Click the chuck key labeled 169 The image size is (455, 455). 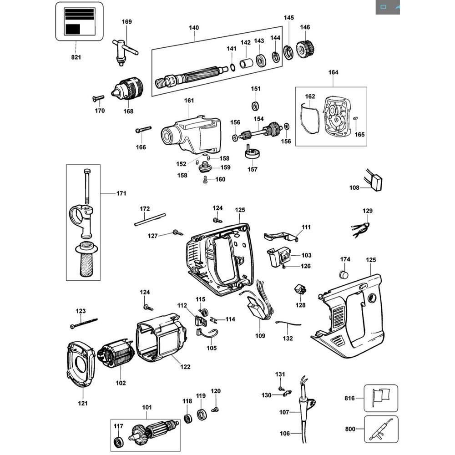pyautogui.click(x=124, y=52)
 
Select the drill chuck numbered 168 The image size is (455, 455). pyautogui.click(x=128, y=88)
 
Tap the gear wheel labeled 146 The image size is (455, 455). pyautogui.click(x=305, y=49)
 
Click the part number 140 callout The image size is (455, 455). pyautogui.click(x=194, y=28)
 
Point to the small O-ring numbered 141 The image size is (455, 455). pyautogui.click(x=233, y=68)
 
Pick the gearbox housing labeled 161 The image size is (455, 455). pyautogui.click(x=191, y=135)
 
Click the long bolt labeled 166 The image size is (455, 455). pyautogui.click(x=143, y=129)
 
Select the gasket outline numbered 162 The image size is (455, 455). pyautogui.click(x=309, y=119)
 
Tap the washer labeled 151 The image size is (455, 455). pyautogui.click(x=255, y=106)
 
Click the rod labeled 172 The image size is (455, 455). pyautogui.click(x=150, y=220)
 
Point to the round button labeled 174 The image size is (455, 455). pyautogui.click(x=344, y=274)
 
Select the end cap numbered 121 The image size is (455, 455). pyautogui.click(x=81, y=364)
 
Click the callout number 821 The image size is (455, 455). pyautogui.click(x=76, y=57)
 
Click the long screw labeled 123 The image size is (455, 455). pyautogui.click(x=84, y=323)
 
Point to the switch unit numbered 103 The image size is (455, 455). pyautogui.click(x=278, y=257)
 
